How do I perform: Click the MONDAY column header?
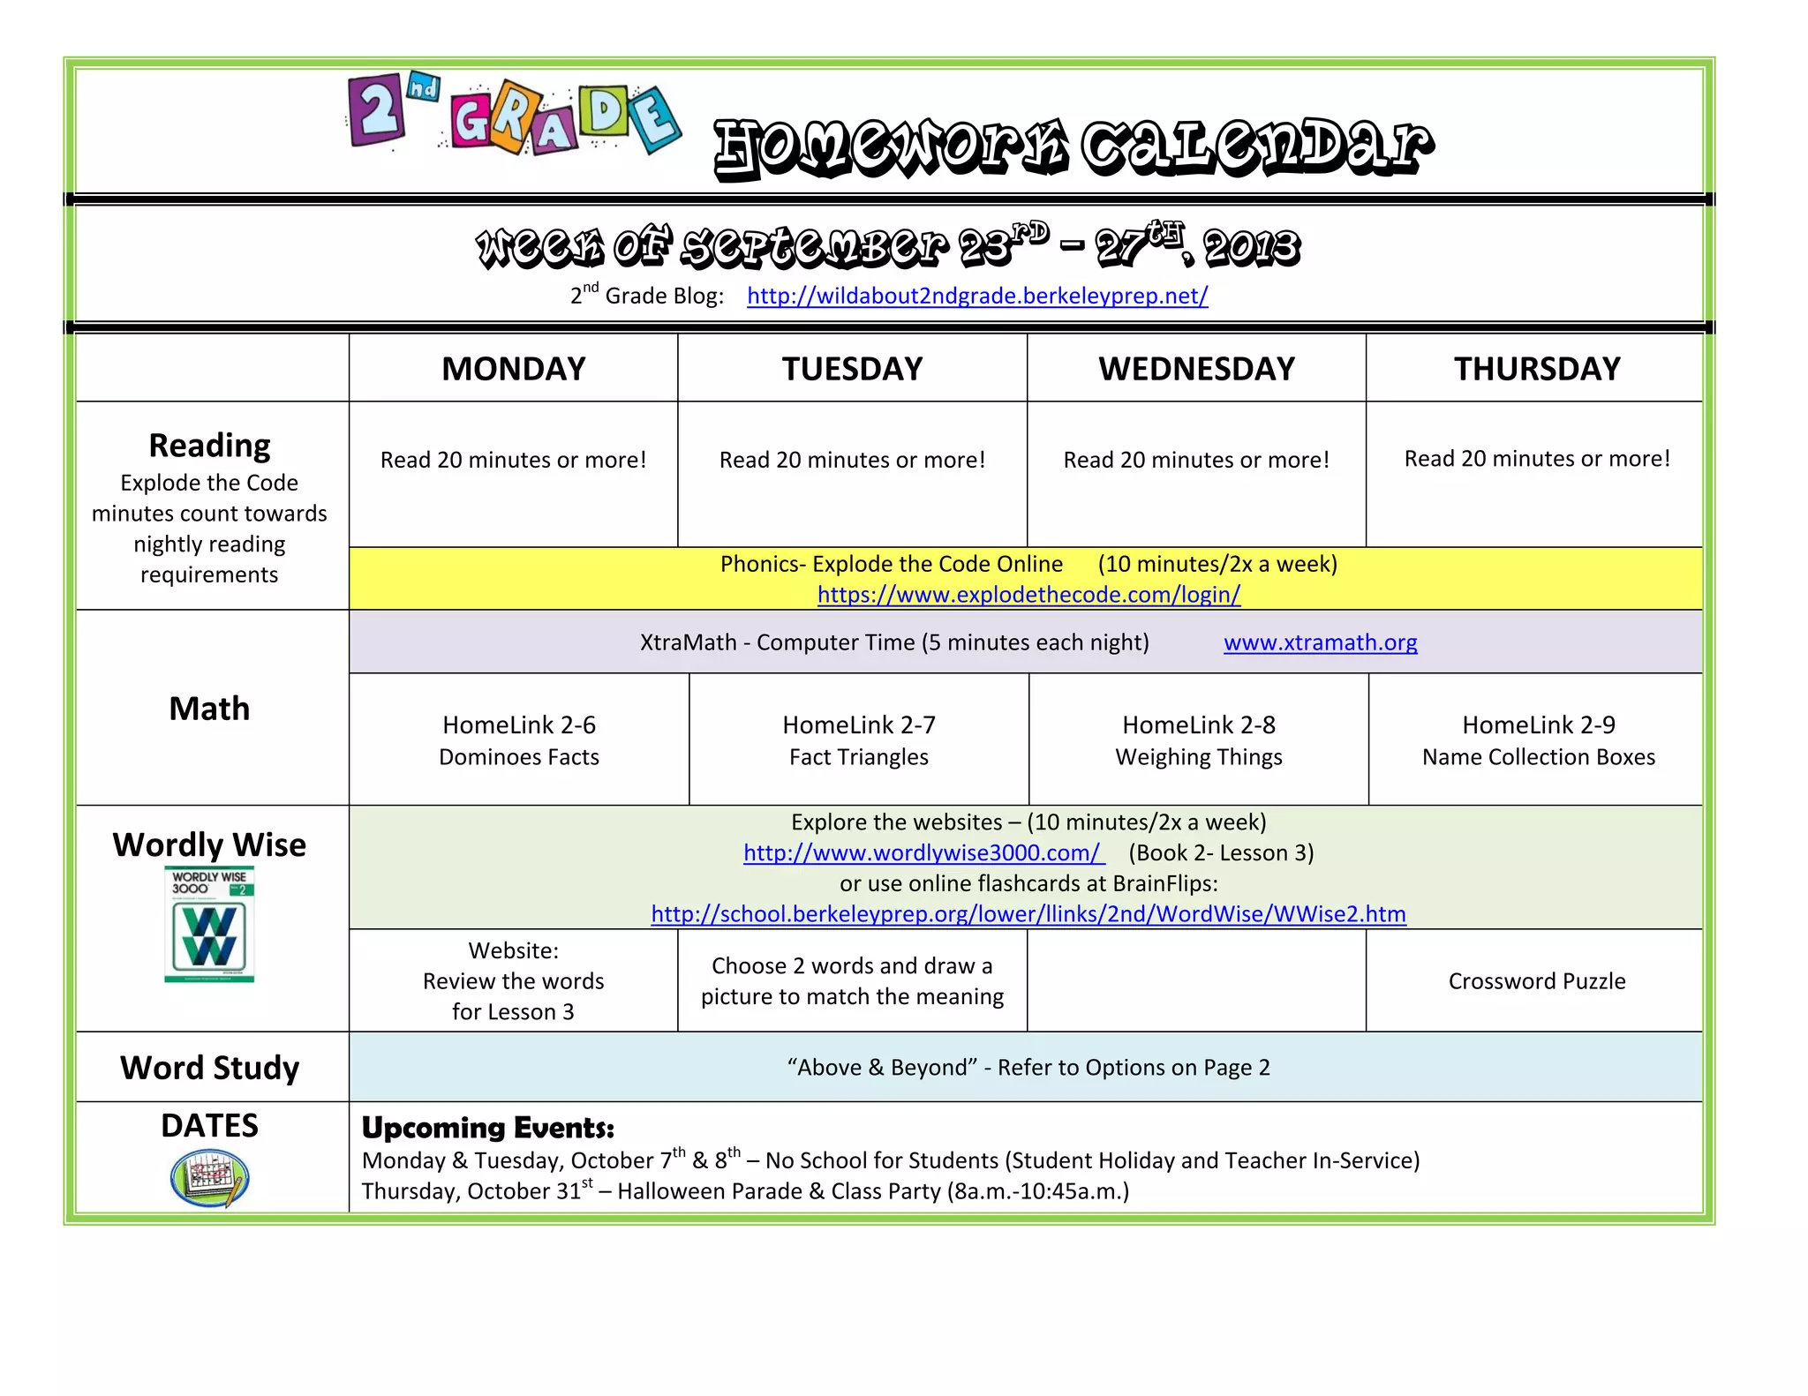(513, 369)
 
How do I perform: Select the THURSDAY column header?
(1537, 369)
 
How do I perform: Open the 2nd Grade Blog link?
(977, 296)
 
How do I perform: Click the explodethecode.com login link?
(1028, 595)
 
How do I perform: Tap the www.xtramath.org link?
(1320, 642)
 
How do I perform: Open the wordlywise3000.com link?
(923, 852)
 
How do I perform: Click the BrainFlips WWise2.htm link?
(1028, 914)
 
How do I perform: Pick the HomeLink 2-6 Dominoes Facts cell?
(519, 740)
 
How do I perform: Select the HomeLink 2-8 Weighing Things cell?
(1199, 740)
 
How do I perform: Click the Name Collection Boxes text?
(1538, 757)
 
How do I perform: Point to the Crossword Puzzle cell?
(1536, 981)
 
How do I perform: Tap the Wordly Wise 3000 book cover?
(209, 924)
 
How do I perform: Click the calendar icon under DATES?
(209, 1177)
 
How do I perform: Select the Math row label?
(209, 709)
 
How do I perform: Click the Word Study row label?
(209, 1068)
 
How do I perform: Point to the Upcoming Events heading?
(488, 1128)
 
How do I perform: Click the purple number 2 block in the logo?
(377, 111)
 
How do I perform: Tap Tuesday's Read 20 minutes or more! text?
(852, 460)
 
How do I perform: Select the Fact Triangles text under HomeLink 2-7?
(858, 757)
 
